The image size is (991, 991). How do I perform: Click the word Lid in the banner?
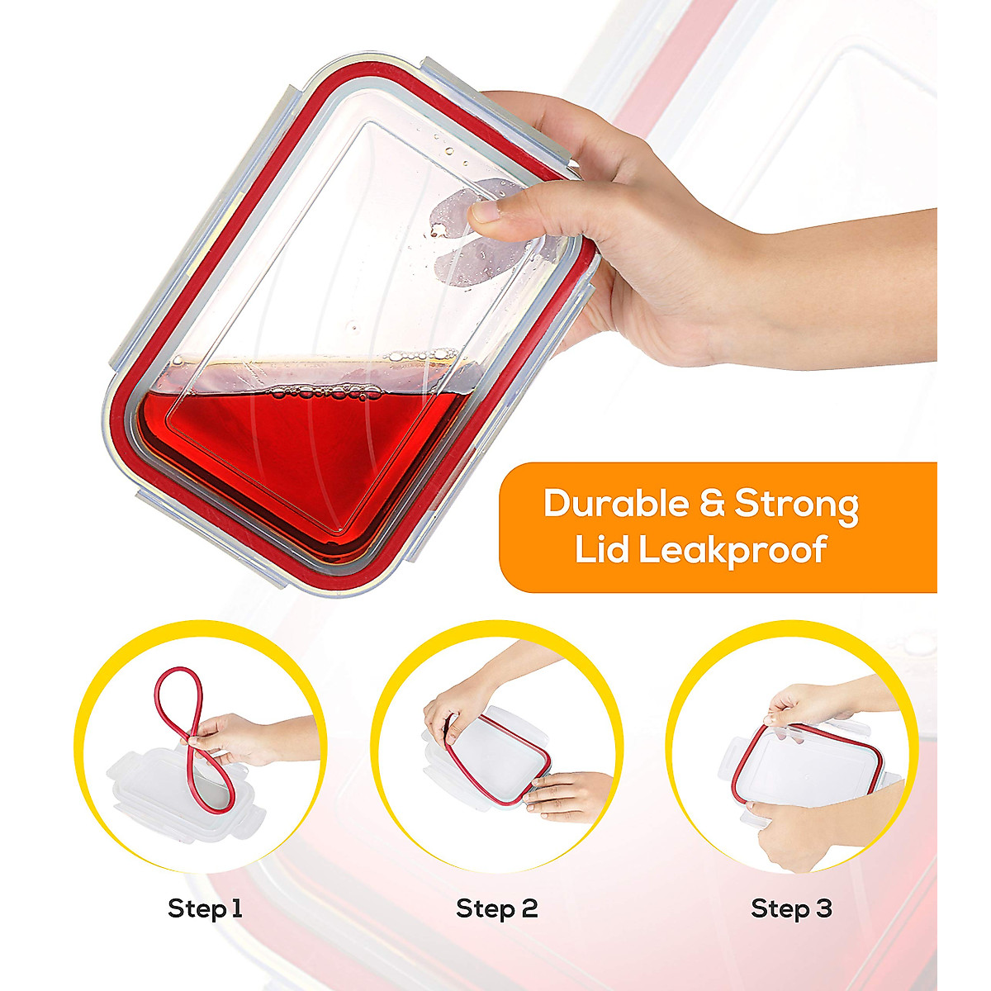[601, 551]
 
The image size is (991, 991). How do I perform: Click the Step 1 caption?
[205, 909]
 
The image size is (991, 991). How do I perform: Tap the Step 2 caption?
[496, 909]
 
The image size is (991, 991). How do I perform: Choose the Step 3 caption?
[791, 909]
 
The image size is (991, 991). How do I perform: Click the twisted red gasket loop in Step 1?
[186, 710]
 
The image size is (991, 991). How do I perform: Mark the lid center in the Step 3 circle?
[805, 768]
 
